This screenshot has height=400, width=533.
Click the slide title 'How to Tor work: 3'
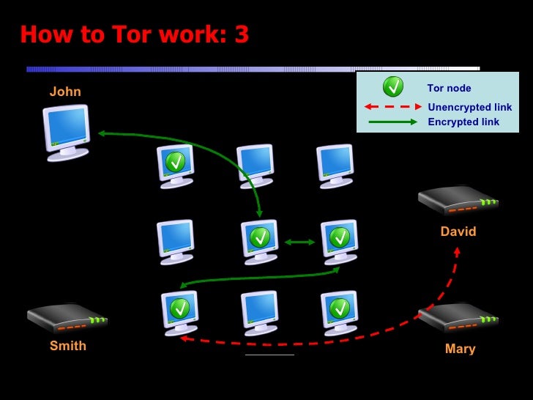pyautogui.click(x=134, y=34)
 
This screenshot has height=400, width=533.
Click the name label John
pyautogui.click(x=65, y=92)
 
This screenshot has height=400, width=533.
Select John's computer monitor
pyautogui.click(x=66, y=130)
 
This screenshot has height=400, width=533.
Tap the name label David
pyautogui.click(x=458, y=232)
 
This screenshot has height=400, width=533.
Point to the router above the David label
pyautogui.click(x=458, y=199)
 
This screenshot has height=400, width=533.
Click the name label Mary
pyautogui.click(x=460, y=349)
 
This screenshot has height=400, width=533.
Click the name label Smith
pyautogui.click(x=68, y=346)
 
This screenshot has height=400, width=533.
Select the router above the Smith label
pyautogui.click(x=67, y=318)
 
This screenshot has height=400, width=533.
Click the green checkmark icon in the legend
pyautogui.click(x=393, y=87)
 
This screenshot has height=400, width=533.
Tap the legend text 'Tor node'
pyautogui.click(x=449, y=88)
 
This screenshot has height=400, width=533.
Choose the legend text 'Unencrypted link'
pyautogui.click(x=469, y=107)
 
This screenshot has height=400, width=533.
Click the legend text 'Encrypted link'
pyautogui.click(x=463, y=122)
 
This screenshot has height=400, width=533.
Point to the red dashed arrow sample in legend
pyautogui.click(x=393, y=107)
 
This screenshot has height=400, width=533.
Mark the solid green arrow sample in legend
pyautogui.click(x=393, y=122)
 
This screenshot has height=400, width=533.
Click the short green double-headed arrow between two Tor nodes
pyautogui.click(x=299, y=242)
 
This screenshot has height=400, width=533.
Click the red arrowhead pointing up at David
pyautogui.click(x=457, y=251)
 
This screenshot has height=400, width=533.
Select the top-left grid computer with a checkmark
pyautogui.click(x=176, y=164)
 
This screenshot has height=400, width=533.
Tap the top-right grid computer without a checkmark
pyautogui.click(x=335, y=164)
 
